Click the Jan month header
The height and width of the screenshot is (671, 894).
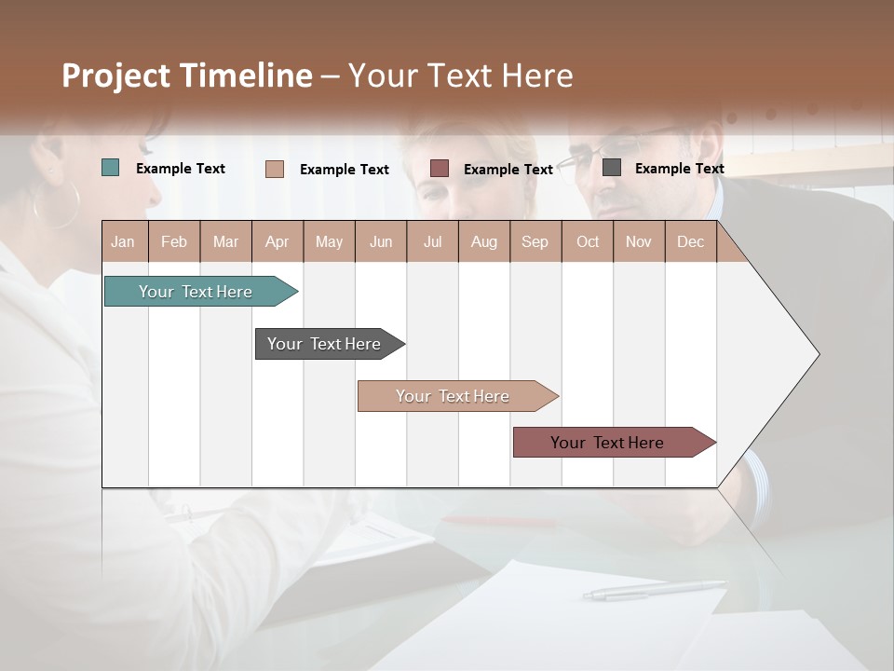[123, 241]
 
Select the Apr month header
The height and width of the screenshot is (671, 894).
[277, 241]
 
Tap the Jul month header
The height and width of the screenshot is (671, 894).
[432, 241]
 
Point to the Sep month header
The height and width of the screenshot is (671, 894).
[535, 241]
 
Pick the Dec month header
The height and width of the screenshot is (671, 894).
[690, 241]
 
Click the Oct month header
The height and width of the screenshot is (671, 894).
[587, 241]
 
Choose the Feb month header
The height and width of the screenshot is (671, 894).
[174, 241]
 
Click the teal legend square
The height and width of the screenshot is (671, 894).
[111, 168]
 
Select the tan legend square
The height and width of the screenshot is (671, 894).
[275, 169]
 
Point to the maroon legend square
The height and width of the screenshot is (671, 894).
[440, 169]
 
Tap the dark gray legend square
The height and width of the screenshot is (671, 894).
[612, 168]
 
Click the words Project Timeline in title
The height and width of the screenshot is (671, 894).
[187, 75]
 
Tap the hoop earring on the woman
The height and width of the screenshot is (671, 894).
[58, 205]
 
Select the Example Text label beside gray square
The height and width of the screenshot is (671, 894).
[679, 168]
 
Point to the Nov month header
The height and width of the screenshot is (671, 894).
[638, 241]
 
